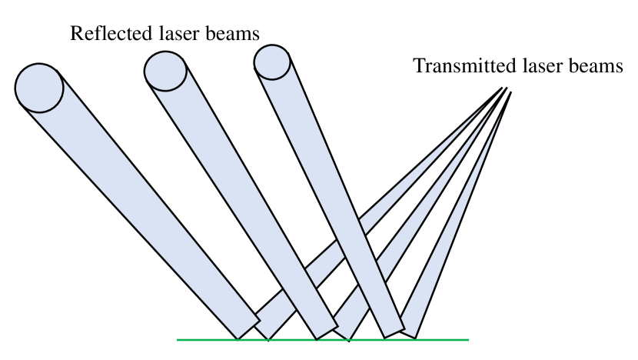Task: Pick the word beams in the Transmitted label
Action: pos(596,65)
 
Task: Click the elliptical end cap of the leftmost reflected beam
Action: pos(39,86)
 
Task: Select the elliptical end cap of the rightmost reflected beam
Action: pos(273,61)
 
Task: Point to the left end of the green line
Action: pos(178,339)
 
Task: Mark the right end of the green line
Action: pos(467,339)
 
